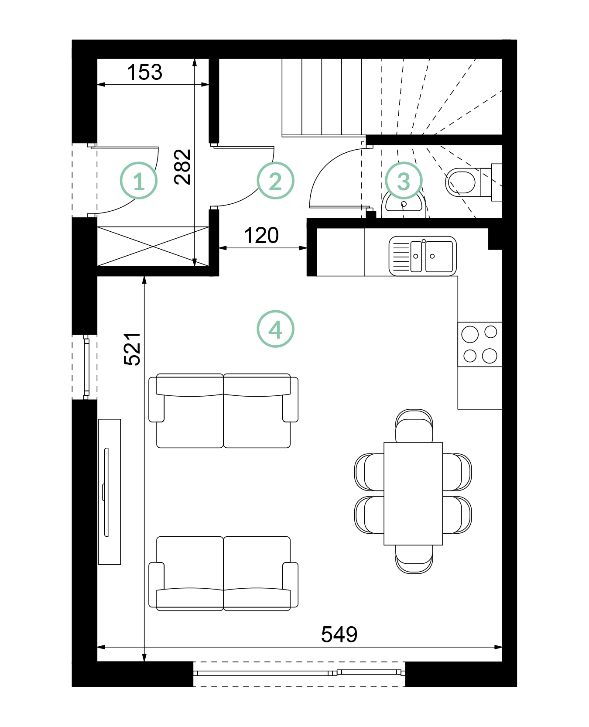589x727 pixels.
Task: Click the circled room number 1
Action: pyautogui.click(x=139, y=181)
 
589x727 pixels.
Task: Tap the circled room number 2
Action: pyautogui.click(x=275, y=181)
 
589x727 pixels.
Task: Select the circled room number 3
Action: pyautogui.click(x=404, y=181)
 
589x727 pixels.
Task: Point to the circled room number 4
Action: pyautogui.click(x=275, y=329)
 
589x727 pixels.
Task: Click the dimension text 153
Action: pyautogui.click(x=144, y=72)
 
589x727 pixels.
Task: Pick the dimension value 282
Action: pyautogui.click(x=183, y=167)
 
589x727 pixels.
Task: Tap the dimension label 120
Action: pyautogui.click(x=261, y=236)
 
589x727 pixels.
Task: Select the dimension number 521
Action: pyautogui.click(x=132, y=349)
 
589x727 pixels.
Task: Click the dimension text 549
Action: pyautogui.click(x=339, y=634)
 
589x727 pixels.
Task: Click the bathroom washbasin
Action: pyautogui.click(x=404, y=206)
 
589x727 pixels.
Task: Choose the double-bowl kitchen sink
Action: pyautogui.click(x=422, y=256)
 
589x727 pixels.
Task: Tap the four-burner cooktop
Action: pyautogui.click(x=480, y=344)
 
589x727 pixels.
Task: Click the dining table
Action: pyautogui.click(x=413, y=494)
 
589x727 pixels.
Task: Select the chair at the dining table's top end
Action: pyautogui.click(x=414, y=426)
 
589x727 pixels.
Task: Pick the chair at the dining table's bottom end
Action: pyautogui.click(x=414, y=559)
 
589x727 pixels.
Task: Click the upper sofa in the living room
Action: pyautogui.click(x=223, y=411)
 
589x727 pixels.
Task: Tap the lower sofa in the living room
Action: pyautogui.click(x=223, y=573)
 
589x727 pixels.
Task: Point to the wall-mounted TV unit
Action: pyautogui.click(x=109, y=492)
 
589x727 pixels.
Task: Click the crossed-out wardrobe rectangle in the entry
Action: pyautogui.click(x=153, y=246)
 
